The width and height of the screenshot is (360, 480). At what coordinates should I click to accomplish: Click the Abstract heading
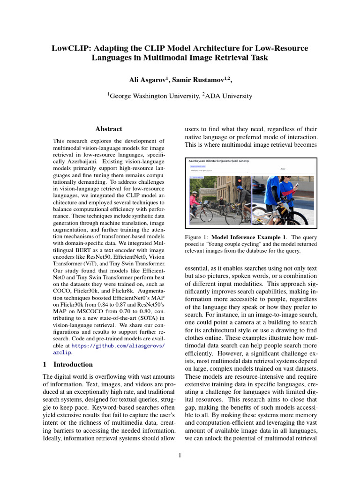[x=109, y=129]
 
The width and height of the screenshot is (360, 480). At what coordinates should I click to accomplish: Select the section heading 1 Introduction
[x=68, y=364]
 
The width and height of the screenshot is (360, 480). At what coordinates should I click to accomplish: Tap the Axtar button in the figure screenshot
[x=283, y=168]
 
